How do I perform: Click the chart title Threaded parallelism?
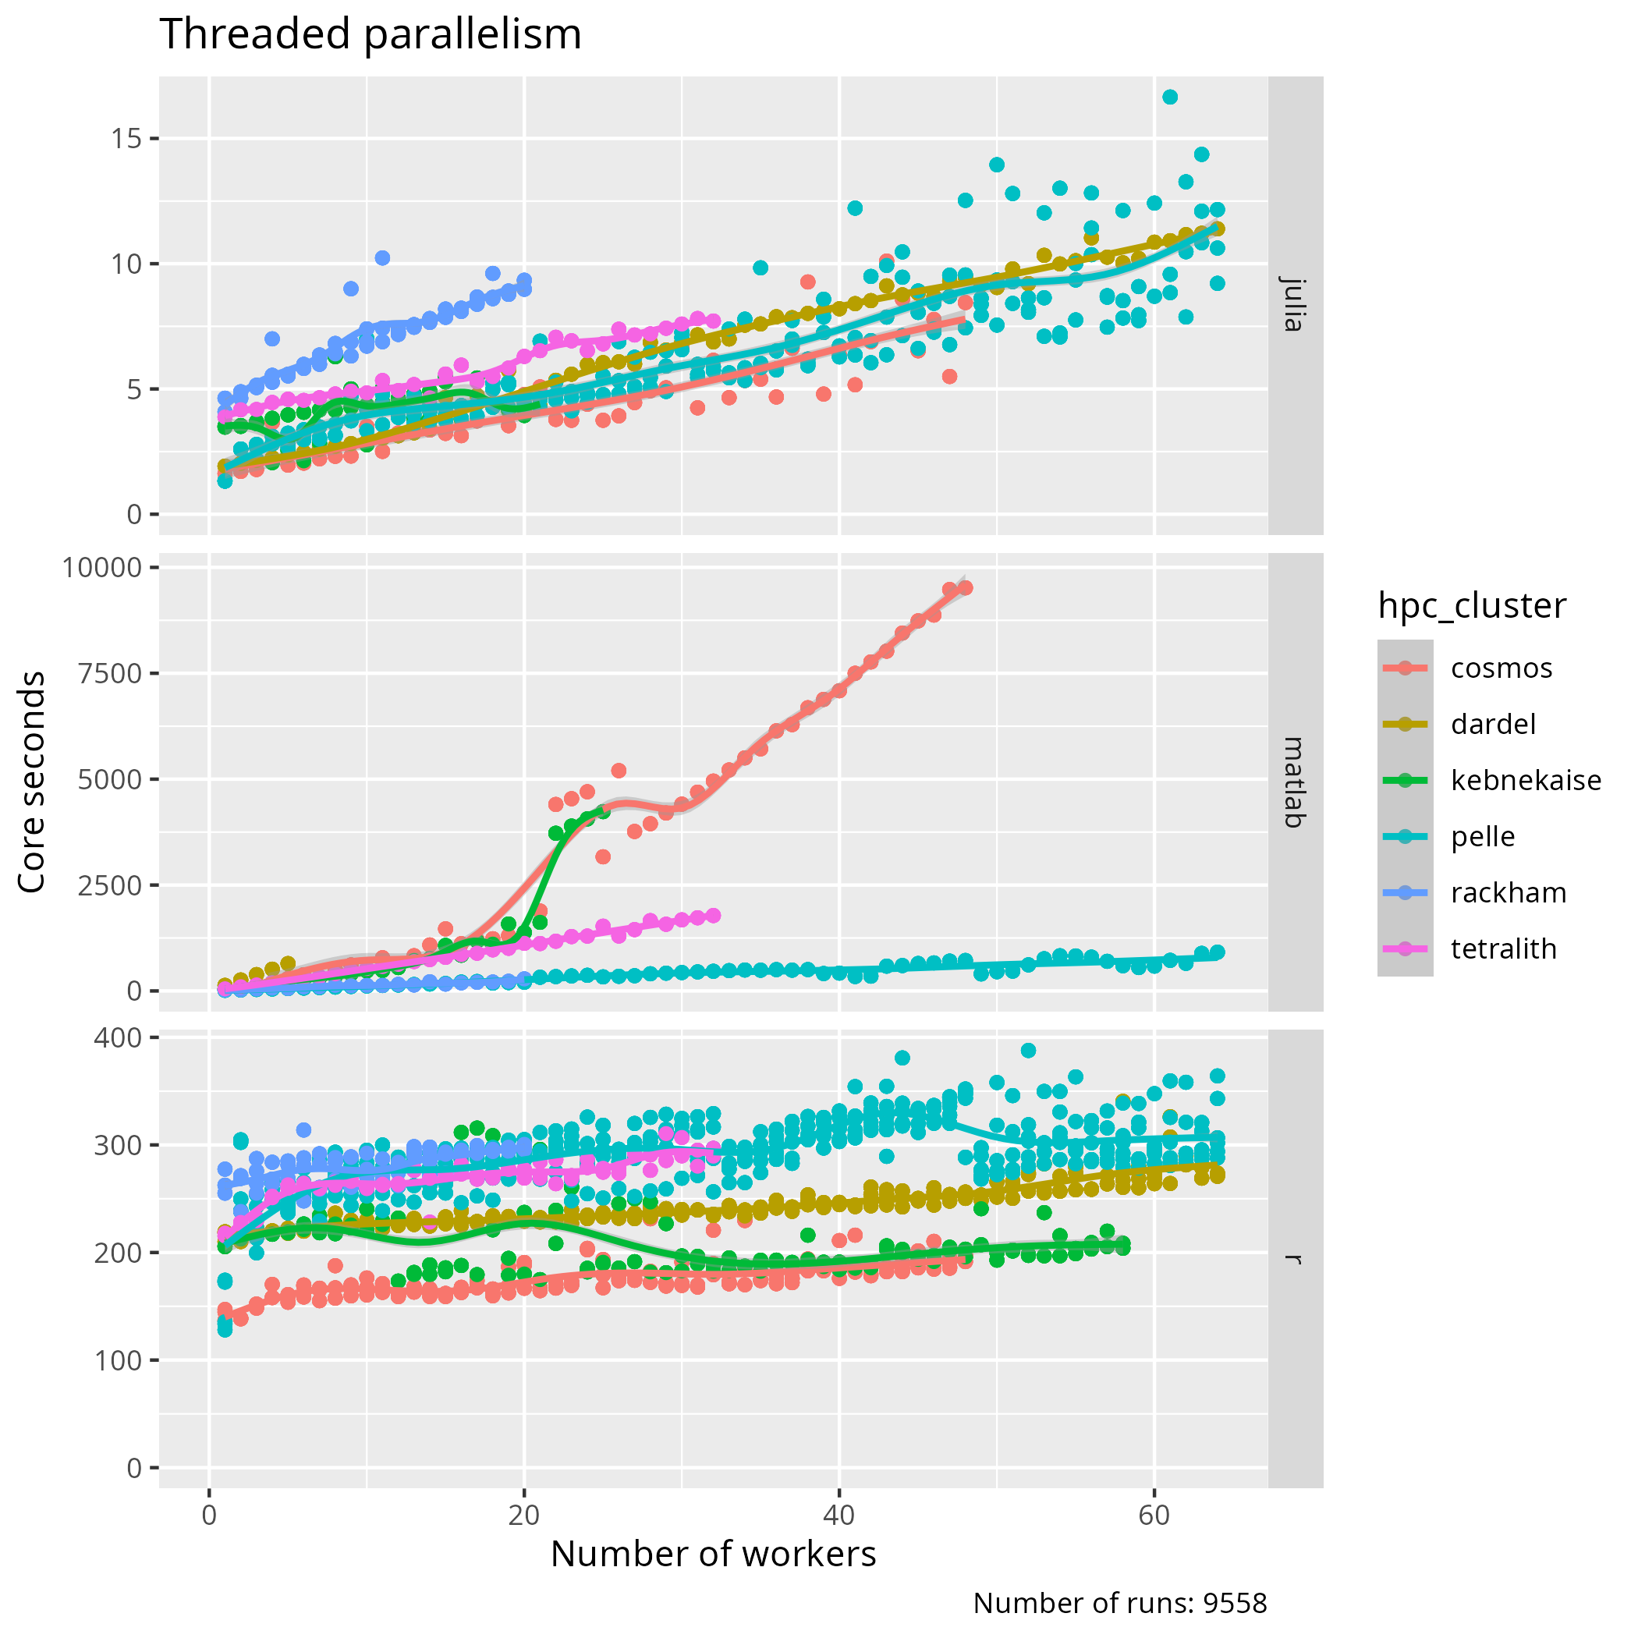(370, 36)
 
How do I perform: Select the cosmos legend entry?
(1501, 668)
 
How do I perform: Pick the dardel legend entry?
(1493, 724)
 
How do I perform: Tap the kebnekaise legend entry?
(1525, 780)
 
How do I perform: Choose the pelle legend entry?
(1483, 837)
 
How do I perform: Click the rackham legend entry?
(1509, 893)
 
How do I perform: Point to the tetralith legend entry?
(1503, 948)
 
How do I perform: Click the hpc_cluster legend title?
(1472, 605)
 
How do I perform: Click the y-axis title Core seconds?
(32, 781)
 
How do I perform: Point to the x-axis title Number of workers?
(713, 1553)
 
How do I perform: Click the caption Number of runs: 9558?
(1119, 1602)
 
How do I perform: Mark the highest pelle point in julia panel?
(1170, 97)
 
